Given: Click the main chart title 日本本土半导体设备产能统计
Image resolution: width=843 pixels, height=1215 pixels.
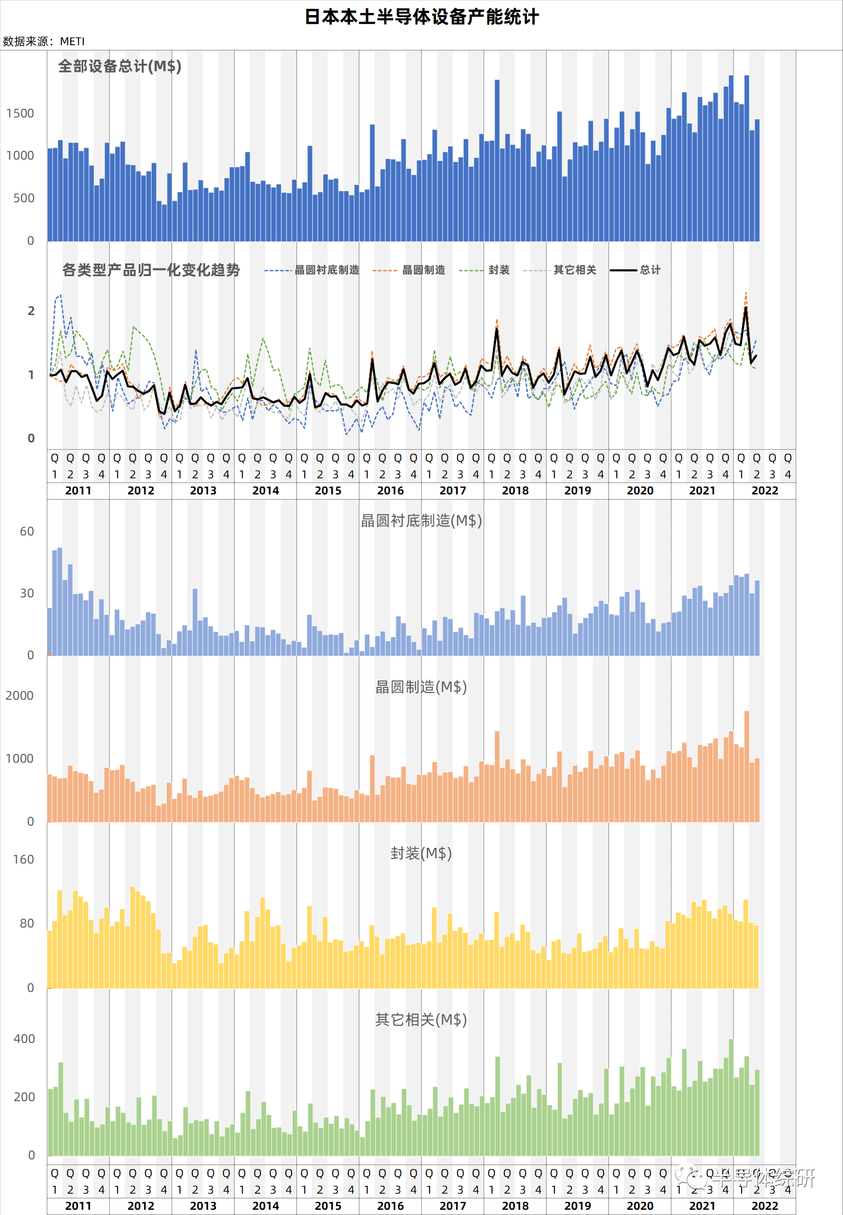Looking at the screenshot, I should tap(421, 17).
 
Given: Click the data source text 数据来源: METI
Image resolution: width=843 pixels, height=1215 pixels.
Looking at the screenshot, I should tap(43, 41).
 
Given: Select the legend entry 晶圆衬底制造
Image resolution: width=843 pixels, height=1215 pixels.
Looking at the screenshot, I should tap(327, 270).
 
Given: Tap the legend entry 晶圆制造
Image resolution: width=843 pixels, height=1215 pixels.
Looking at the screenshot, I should tap(423, 270).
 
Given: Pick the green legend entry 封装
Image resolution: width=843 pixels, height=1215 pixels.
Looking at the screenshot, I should tap(499, 270).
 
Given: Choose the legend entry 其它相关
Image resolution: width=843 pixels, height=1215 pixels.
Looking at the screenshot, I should tap(574, 270).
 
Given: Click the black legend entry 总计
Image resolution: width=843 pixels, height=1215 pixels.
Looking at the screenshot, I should tap(650, 270).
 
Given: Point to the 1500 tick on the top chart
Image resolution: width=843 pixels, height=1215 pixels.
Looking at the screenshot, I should tap(20, 113).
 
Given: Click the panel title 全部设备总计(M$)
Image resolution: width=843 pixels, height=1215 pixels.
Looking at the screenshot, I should tap(120, 66).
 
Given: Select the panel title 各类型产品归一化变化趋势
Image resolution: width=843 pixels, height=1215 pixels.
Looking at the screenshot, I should tap(151, 270).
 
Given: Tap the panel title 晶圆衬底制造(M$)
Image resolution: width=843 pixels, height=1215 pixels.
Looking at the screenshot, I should tap(421, 520).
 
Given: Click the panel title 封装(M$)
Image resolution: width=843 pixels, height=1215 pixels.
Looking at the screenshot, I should tap(421, 853).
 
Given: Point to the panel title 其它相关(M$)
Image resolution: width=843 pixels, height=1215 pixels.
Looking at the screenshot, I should tap(421, 1019).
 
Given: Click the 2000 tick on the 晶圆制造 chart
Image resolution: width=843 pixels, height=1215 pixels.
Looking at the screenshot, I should tap(20, 696).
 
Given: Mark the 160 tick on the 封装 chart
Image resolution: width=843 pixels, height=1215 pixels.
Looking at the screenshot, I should tap(23, 859).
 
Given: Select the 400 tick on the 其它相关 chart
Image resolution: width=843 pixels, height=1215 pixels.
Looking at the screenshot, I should tap(24, 1039).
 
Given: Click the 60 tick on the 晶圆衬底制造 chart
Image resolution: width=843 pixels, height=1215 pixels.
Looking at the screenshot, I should tap(27, 531).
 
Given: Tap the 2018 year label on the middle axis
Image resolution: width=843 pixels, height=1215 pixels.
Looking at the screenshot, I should tap(515, 490).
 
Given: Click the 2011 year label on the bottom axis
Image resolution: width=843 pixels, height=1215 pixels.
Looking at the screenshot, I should tap(78, 1206).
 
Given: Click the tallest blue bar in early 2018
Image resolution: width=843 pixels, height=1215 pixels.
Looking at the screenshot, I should tap(497, 159).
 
